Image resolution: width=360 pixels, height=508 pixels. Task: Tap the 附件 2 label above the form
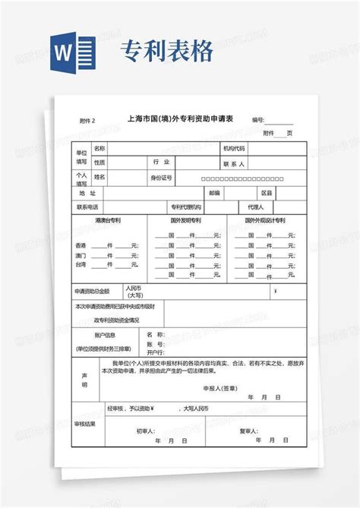88,121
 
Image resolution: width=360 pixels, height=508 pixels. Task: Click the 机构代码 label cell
233,148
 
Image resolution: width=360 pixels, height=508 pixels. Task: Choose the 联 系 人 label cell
233,163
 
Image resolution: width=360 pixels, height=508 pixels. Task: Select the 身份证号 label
161,177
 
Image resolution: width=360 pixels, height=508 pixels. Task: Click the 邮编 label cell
215,193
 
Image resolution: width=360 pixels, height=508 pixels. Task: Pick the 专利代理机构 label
186,207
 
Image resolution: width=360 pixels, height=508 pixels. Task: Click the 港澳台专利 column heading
109,220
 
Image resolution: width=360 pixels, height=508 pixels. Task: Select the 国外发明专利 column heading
185,220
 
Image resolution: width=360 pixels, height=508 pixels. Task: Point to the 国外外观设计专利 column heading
264,220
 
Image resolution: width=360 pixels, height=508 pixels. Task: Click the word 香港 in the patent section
81,246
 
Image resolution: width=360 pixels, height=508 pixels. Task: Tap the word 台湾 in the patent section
81,265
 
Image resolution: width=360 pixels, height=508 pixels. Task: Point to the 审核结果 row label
85,423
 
